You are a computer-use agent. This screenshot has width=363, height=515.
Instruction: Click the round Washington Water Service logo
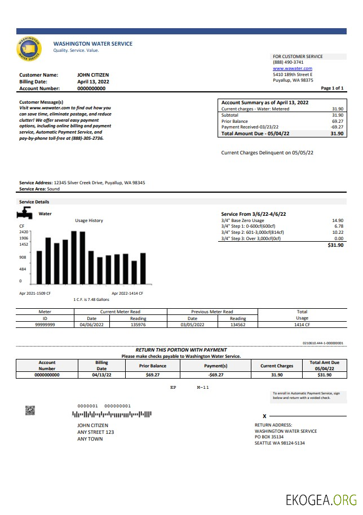29,49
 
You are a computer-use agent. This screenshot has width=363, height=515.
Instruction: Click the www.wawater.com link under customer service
292,68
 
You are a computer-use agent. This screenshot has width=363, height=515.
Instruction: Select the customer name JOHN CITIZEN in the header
93,75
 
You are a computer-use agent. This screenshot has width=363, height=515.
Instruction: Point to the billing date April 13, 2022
93,82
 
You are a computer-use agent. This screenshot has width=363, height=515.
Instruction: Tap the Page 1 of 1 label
332,88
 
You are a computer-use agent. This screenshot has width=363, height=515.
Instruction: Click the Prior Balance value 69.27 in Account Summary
338,121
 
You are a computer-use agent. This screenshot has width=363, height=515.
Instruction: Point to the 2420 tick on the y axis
24,232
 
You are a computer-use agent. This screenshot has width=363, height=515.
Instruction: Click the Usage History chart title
89,220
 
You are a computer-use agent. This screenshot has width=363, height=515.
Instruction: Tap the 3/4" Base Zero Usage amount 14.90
338,220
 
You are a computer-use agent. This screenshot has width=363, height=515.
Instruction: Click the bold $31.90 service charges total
335,245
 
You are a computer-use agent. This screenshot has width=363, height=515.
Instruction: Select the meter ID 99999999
45,325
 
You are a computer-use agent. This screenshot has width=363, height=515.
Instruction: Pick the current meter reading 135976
138,325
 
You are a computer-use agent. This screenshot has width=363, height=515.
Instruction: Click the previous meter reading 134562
238,325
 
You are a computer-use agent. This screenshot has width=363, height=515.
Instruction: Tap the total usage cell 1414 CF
302,325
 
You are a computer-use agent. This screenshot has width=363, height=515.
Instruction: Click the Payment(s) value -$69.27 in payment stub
216,374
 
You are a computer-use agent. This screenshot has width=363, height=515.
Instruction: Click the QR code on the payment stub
30,411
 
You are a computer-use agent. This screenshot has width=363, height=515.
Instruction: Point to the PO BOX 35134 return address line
269,437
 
